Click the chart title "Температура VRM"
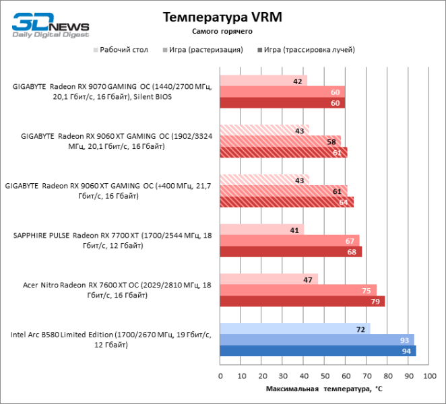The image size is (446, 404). pyautogui.click(x=222, y=18)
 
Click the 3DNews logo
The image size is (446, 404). pyautogui.click(x=51, y=24)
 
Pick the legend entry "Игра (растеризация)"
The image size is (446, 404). pyautogui.click(x=202, y=49)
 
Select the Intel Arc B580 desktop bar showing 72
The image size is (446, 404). pyautogui.click(x=295, y=329)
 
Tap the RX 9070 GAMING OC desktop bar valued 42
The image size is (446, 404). pyautogui.click(x=263, y=81)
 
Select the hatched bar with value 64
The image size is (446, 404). pyautogui.click(x=286, y=202)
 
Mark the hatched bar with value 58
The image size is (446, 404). pyautogui.click(x=280, y=141)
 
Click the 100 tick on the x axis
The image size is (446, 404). pyautogui.click(x=429, y=376)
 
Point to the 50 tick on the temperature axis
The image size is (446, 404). pyautogui.click(x=325, y=376)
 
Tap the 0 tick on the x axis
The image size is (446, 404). pyautogui.click(x=220, y=376)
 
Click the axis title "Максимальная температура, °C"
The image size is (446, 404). pyautogui.click(x=324, y=389)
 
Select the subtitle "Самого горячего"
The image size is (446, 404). pyautogui.click(x=222, y=32)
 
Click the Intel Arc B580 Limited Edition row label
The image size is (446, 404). pyautogui.click(x=111, y=339)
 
